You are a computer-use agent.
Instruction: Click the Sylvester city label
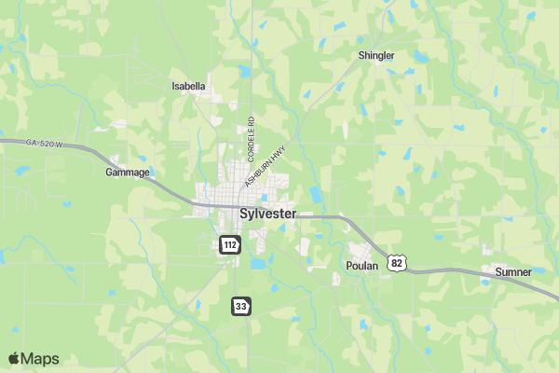pos(268,214)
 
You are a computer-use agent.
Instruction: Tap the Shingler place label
pos(376,55)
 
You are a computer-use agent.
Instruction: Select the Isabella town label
pos(188,86)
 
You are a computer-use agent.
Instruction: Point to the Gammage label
pos(128,173)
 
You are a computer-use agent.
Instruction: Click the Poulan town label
pos(361,266)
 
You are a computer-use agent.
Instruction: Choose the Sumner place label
pos(513,272)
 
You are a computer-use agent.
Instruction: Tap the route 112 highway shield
pos(230,245)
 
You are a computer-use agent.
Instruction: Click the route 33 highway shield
pos(241,306)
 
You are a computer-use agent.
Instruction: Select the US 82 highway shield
pos(398,264)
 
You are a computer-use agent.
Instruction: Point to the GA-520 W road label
pos(44,143)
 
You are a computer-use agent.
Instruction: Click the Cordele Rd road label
pos(251,136)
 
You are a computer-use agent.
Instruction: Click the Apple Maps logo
pos(14,358)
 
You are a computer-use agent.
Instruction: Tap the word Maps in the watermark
pos(40,358)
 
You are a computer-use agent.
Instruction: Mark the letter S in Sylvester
pos(244,214)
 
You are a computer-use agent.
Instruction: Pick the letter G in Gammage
pos(110,173)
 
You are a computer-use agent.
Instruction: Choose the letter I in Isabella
pos(173,86)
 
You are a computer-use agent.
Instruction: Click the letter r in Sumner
pos(529,272)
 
